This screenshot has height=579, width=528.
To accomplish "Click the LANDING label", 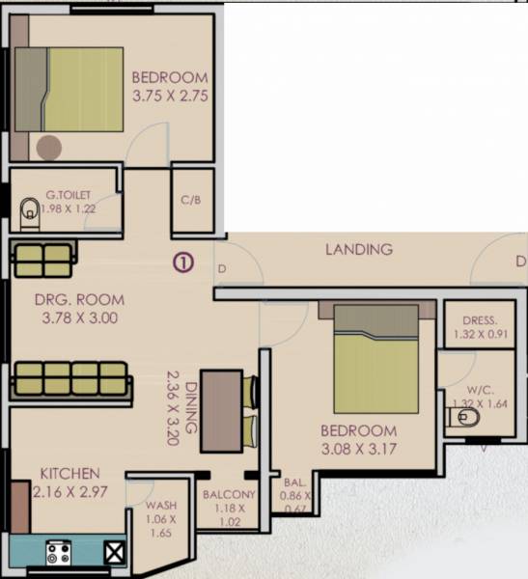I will pyautogui.click(x=359, y=249).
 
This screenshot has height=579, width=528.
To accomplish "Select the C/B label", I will pyautogui.click(x=190, y=201).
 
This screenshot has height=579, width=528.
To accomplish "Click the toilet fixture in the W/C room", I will pyautogui.click(x=464, y=418).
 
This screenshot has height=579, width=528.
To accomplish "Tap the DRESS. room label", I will pyautogui.click(x=479, y=320).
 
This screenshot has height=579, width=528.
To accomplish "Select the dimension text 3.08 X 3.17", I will pyautogui.click(x=358, y=449).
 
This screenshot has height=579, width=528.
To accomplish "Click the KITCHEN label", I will pyautogui.click(x=70, y=474).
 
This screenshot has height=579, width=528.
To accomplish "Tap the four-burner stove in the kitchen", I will pyautogui.click(x=57, y=553).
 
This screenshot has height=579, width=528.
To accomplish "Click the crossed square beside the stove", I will pyautogui.click(x=114, y=553).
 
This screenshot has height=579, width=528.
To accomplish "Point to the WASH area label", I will pyautogui.click(x=159, y=505).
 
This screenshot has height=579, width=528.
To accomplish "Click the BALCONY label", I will pyautogui.click(x=228, y=495).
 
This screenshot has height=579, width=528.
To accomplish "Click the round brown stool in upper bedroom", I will pyautogui.click(x=48, y=147).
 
